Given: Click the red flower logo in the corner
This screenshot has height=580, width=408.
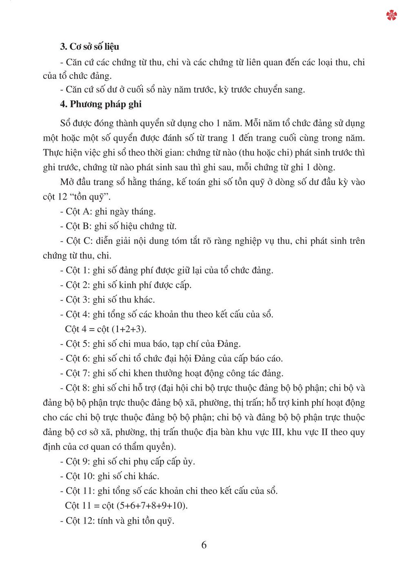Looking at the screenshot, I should (391, 16).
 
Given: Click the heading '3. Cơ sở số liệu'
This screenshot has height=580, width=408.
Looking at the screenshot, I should (89, 47).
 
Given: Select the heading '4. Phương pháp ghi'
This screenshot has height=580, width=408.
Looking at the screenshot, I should (101, 104).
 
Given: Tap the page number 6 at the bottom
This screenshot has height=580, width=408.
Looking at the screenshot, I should (204, 545).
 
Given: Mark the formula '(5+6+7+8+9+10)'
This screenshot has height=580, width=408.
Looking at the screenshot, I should (152, 505).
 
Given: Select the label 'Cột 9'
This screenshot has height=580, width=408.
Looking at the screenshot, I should (76, 461).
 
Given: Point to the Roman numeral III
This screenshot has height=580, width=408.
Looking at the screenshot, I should (277, 432).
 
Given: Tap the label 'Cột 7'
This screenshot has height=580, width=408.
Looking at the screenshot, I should (76, 373).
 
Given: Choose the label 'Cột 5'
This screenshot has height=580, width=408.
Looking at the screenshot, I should (76, 344).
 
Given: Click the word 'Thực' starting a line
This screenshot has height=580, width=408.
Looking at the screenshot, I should (52, 153).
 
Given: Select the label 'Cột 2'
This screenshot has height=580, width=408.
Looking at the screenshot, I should (76, 285).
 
